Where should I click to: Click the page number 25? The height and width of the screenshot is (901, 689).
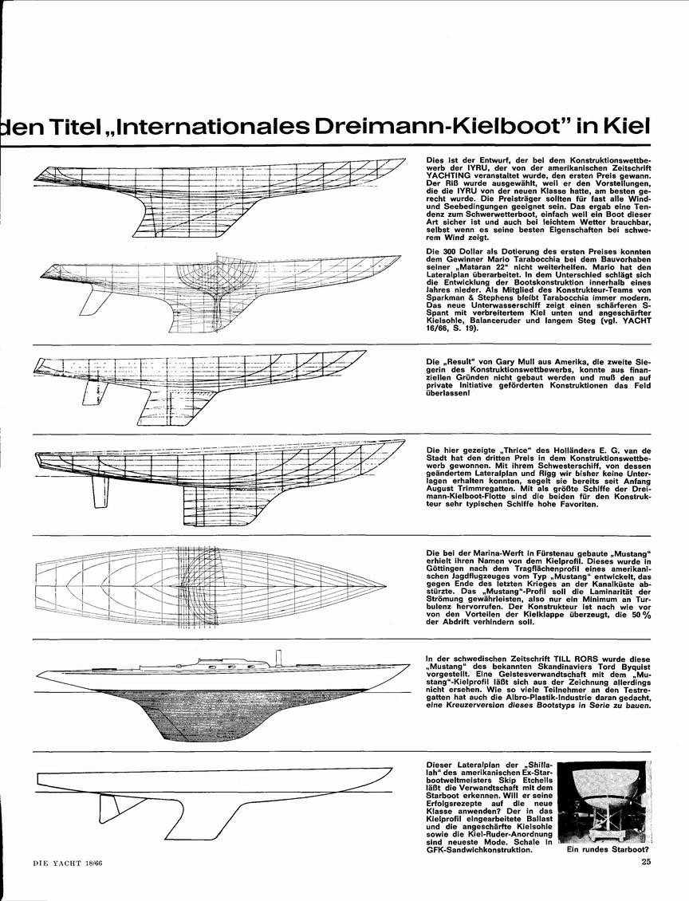645,877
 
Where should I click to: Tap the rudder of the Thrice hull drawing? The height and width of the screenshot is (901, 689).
100,493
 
